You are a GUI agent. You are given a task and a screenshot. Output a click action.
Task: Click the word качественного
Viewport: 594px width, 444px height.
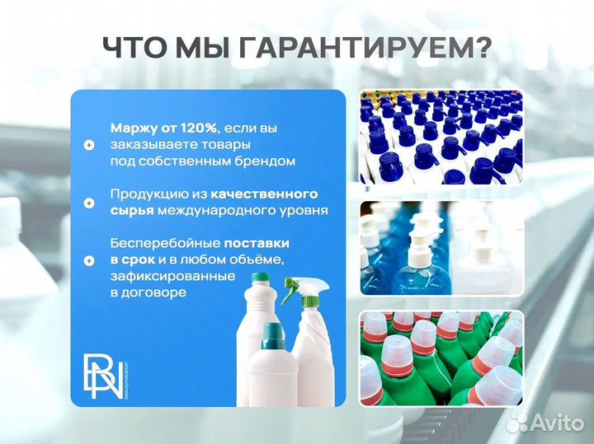(x=264, y=194)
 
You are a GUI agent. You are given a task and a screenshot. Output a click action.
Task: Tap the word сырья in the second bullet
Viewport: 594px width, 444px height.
(x=130, y=210)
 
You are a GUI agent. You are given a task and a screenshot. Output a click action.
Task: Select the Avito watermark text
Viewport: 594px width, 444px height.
(x=554, y=423)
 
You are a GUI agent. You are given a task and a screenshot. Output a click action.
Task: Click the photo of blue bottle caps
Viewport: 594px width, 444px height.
(x=441, y=137)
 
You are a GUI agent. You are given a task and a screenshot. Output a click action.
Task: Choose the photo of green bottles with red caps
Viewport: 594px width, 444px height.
(x=441, y=358)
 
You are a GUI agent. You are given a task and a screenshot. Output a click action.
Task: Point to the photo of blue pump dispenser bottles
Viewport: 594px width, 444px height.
(x=441, y=247)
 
